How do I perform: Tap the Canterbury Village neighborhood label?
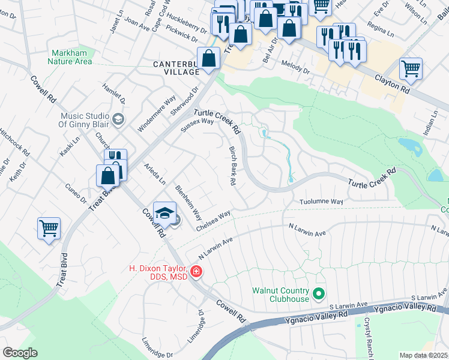pos(167,68)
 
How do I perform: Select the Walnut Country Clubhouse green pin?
pos(319,295)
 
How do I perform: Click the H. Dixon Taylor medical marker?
pos(196,272)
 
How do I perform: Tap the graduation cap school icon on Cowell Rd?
pos(164,213)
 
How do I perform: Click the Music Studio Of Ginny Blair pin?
pos(118,118)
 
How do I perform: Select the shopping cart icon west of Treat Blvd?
pos(49,228)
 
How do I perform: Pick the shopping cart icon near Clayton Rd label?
pos(411,68)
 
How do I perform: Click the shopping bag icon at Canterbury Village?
pos(208,59)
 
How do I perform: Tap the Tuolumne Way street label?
pos(321,202)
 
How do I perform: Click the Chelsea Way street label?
pos(213,220)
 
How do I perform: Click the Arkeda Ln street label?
pos(154,173)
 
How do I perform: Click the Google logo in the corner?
pos(20,353)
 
